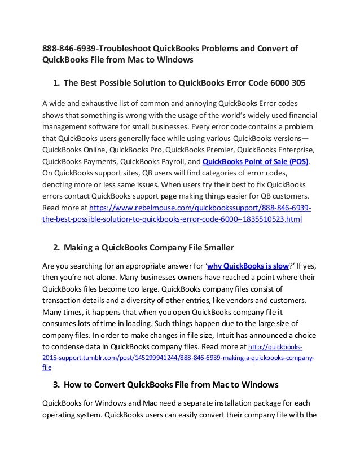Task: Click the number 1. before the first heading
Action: tap(56, 83)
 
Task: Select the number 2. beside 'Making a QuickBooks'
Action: tap(56, 247)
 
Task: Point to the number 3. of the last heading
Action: tap(56, 385)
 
